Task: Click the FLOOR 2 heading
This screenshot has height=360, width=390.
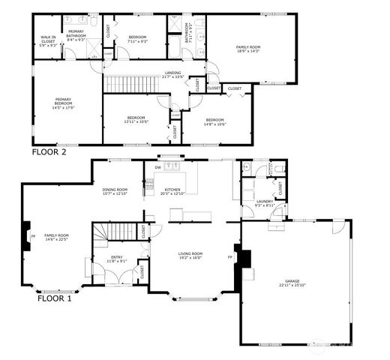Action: coord(49,151)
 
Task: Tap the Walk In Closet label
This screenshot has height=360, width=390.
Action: coord(48,40)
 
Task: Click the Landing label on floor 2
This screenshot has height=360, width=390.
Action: coord(172,72)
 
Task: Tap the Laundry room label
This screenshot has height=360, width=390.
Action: coord(264,201)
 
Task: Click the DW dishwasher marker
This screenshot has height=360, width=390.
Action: coord(157,167)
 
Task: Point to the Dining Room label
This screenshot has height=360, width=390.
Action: coord(115,190)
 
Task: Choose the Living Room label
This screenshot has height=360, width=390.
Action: coord(190,254)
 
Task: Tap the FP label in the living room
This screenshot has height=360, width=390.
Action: coord(229,257)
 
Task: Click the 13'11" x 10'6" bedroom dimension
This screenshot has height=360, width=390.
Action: coord(136,121)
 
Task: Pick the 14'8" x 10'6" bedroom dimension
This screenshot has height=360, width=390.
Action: coord(214,124)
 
